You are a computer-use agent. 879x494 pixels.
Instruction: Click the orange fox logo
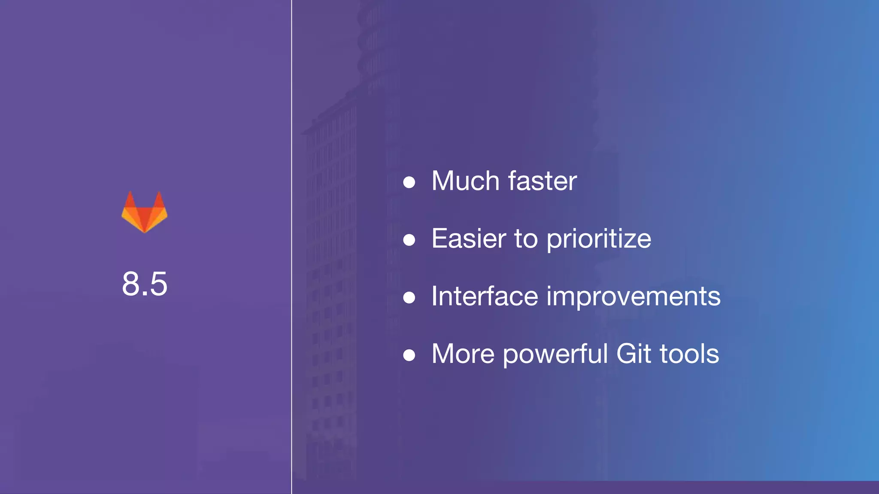pyautogui.click(x=144, y=214)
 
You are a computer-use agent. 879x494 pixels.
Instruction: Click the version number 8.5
pyautogui.click(x=144, y=284)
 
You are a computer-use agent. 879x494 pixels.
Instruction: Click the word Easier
pyautogui.click(x=468, y=238)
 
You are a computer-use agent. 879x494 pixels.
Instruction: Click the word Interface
pyautogui.click(x=484, y=296)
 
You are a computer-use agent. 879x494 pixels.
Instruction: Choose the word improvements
pyautogui.click(x=633, y=297)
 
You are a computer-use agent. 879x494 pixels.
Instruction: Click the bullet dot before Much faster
pyautogui.click(x=409, y=182)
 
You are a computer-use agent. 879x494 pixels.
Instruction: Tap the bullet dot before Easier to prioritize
pyautogui.click(x=409, y=240)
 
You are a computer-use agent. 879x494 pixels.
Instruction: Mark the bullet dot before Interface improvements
pyautogui.click(x=409, y=298)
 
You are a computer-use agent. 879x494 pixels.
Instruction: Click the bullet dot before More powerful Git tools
pyautogui.click(x=409, y=355)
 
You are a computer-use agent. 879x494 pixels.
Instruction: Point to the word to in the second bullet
pyautogui.click(x=526, y=238)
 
